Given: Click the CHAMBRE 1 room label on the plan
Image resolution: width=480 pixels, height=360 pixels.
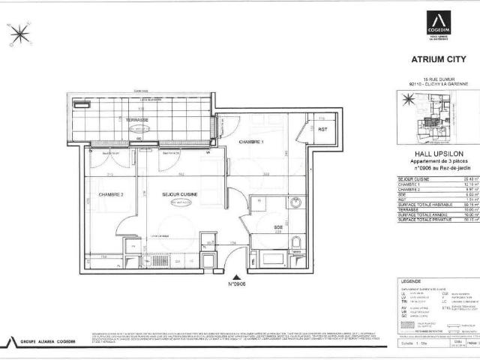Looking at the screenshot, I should coord(252,142).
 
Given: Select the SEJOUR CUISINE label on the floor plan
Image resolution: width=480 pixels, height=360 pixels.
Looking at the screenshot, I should coord(180,194).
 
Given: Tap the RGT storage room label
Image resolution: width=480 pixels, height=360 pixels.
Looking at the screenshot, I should coord(322,128).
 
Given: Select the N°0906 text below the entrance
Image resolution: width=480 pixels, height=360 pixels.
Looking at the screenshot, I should coord(238,284).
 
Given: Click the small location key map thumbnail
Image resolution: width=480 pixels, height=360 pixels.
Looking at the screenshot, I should coord(433,120).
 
